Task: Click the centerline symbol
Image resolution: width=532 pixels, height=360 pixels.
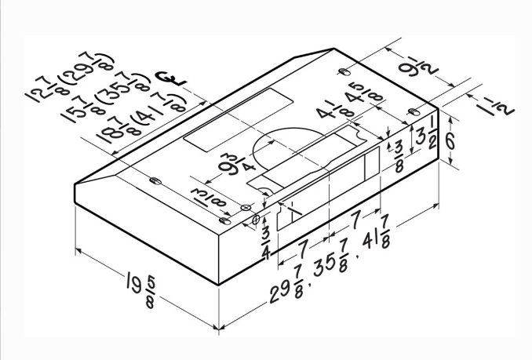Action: click(x=166, y=78)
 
